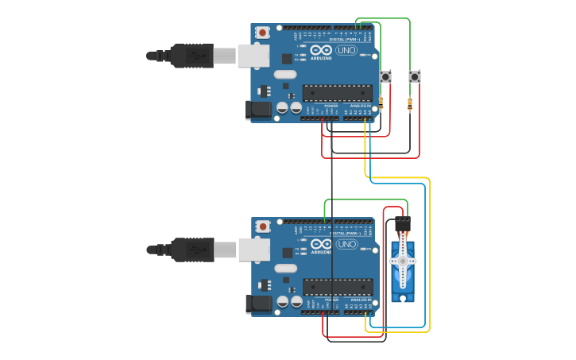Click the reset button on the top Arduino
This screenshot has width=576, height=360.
[x=262, y=33]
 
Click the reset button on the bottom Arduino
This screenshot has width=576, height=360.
[x=262, y=227]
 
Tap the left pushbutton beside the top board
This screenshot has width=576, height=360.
[x=386, y=77]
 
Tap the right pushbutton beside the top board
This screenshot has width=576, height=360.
[x=414, y=77]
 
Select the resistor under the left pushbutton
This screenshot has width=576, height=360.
[x=381, y=102]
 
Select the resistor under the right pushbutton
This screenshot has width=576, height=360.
[x=410, y=103]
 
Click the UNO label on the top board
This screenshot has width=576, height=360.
[x=347, y=50]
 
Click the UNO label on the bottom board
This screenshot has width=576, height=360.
[x=347, y=244]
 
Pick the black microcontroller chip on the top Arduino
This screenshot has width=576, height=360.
[x=337, y=92]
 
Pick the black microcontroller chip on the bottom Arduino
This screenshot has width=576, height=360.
[x=337, y=286]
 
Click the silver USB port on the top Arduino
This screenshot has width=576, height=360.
[x=254, y=55]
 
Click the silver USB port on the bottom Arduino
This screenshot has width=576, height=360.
[x=254, y=250]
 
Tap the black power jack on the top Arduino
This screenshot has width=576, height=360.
[x=259, y=110]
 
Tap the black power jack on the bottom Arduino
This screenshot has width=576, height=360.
[x=259, y=304]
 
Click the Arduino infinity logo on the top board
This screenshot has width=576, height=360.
[x=321, y=50]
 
